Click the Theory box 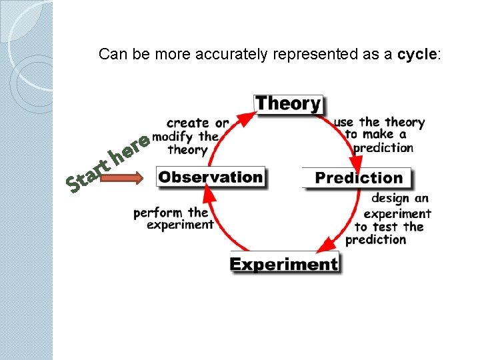(289, 104)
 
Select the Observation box (211, 177)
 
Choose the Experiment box (284, 264)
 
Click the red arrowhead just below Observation (209, 194)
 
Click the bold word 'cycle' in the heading (417, 55)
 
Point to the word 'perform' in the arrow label (159, 213)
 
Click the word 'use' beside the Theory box (345, 122)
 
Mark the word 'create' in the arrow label (189, 123)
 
